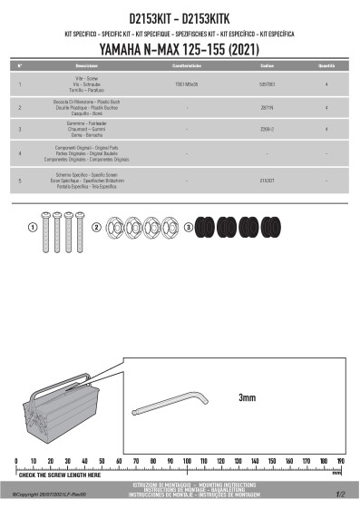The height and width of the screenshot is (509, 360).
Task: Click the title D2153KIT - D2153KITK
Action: [180, 18]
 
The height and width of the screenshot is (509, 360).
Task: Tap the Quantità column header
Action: [326, 67]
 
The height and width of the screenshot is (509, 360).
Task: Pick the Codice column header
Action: [268, 67]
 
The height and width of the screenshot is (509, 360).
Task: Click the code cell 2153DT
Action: [268, 181]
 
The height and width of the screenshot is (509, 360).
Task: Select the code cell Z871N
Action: [268, 107]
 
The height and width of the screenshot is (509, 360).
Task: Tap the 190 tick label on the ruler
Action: [340, 461]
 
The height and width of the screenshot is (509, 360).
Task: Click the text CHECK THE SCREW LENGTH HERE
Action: [60, 475]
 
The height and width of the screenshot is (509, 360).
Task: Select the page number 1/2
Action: [340, 495]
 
